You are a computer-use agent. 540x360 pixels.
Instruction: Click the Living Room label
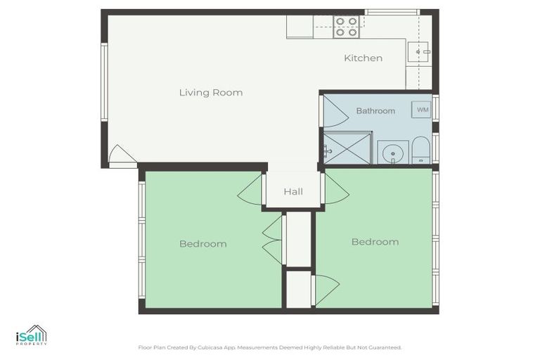pos(210,93)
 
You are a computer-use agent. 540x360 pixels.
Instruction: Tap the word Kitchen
pos(363,58)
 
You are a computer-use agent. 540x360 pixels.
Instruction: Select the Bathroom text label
pos(375,111)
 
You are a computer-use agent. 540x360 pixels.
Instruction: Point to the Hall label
pos(293,191)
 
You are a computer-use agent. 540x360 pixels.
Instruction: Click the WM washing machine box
pos(422,110)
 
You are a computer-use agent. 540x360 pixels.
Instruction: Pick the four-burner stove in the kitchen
pos(346,27)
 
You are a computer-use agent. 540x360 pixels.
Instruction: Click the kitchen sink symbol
pos(420,52)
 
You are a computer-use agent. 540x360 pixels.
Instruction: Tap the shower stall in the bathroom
pos(347,148)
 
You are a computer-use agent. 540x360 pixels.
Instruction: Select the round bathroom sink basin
pos(392,152)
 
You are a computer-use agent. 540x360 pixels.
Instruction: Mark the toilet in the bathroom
pos(420,150)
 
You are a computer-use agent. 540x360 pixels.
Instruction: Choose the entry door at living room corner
pos(121,156)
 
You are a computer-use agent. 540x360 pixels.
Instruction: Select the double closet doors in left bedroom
pos(271,239)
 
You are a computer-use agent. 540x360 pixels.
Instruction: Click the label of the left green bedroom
pos(202,244)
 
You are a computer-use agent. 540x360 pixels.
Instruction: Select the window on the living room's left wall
pos(104,82)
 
